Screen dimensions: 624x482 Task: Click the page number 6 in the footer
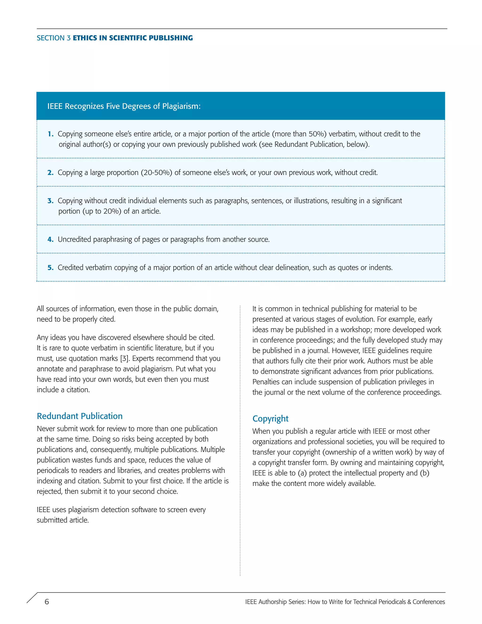pos(47,602)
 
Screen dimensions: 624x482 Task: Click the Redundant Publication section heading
pos(80,416)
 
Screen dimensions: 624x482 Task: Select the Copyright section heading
pos(270,419)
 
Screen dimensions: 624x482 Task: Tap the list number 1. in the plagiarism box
pos(51,134)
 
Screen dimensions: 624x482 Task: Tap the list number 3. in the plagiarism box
pos(51,201)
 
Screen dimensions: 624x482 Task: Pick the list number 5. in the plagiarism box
pos(51,268)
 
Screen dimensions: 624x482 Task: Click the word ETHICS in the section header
pos(85,38)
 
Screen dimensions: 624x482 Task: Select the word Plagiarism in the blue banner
pos(181,106)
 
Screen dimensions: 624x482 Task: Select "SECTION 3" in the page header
pos(53,38)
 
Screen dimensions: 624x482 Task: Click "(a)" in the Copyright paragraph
pos(302,473)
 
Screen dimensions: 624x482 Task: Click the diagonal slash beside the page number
pos(32,598)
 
